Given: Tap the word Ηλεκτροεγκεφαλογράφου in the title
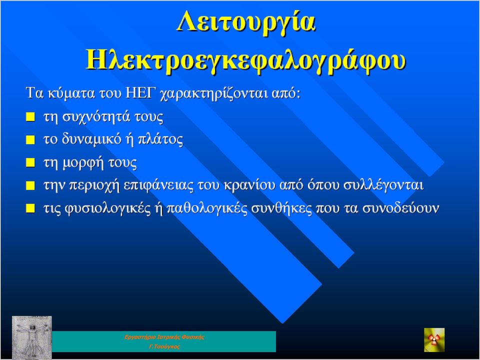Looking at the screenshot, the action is point(246,59).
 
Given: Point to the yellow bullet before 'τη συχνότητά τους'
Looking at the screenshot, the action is point(30,116).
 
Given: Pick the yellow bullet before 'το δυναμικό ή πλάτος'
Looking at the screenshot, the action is point(30,139).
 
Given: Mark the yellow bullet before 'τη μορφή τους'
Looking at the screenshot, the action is point(30,162).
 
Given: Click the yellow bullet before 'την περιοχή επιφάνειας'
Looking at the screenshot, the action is point(30,185).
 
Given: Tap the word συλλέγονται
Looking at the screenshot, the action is point(383,185).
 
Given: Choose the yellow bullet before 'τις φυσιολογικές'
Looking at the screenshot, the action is point(30,208).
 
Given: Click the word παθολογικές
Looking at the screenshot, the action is point(207,208).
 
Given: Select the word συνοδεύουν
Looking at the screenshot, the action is point(400,208).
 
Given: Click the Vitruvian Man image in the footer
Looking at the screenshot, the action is point(32,337).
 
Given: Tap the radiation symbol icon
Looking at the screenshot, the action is point(434,340).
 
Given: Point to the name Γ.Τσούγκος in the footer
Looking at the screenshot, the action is point(164,347).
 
